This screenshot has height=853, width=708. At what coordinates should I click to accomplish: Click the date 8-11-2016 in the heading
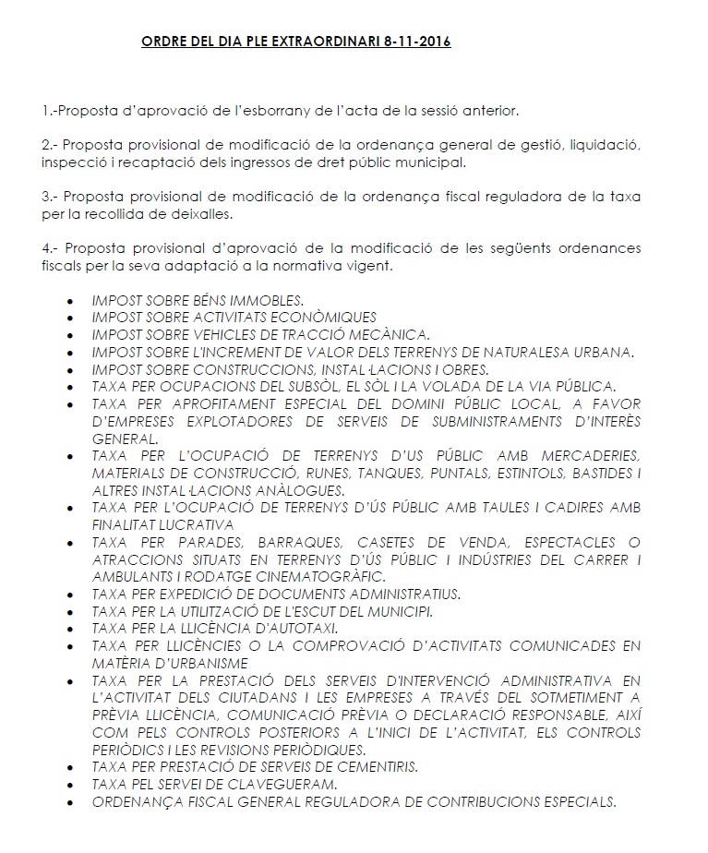pyautogui.click(x=418, y=42)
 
